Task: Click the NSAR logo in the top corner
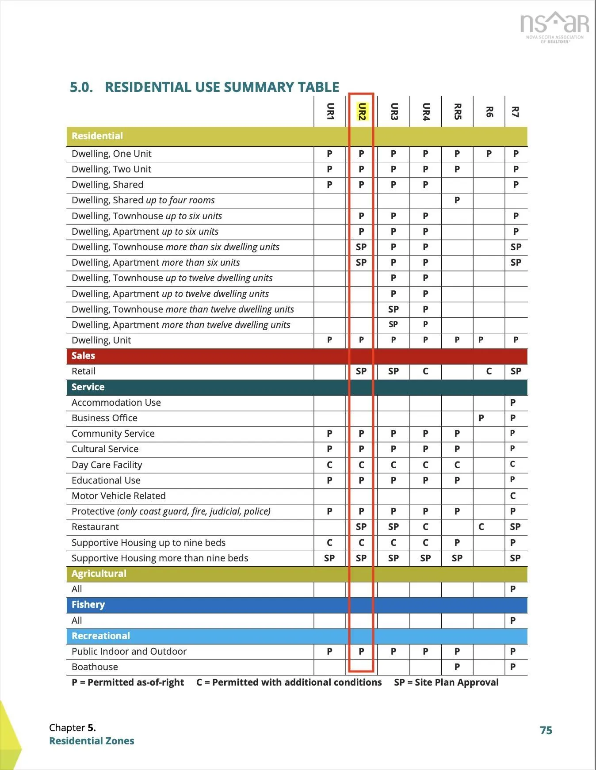554,27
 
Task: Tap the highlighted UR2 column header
362,111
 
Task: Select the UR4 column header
425,111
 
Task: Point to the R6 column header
489,111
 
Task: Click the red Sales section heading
83,356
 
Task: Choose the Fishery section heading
88,605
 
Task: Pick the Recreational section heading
101,636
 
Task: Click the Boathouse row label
95,667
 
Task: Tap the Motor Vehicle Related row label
118,496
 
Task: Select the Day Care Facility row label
107,465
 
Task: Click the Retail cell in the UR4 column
425,371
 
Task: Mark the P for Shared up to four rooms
457,200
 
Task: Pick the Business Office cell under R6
481,418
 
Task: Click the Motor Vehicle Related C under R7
513,496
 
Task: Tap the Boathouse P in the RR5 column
457,667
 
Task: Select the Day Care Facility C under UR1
329,465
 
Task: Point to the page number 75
546,730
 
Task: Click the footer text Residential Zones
92,741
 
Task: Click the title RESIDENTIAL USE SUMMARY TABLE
222,87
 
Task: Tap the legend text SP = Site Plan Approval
446,682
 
